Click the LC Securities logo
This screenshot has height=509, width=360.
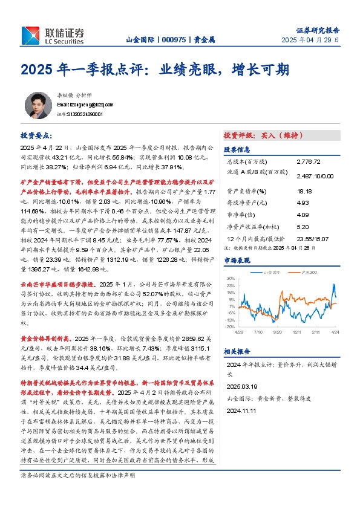tap(53, 35)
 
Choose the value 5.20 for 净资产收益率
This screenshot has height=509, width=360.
tap(302, 227)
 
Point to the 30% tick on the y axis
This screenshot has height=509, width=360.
tap(231, 279)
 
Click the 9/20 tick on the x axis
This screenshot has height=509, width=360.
tap(278, 332)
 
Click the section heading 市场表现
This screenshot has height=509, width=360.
tap(237, 260)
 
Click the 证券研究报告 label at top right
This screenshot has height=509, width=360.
tap(317, 28)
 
